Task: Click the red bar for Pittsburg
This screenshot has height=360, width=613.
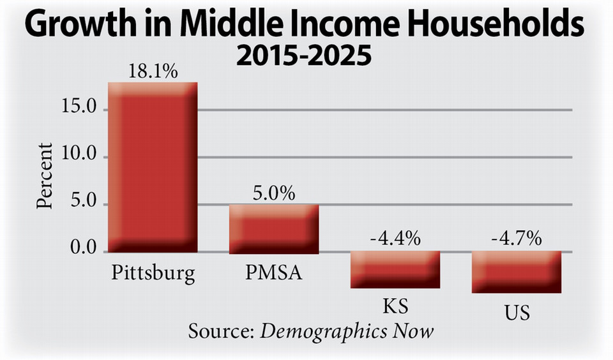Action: point(153,167)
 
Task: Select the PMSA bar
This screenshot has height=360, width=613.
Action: point(274,229)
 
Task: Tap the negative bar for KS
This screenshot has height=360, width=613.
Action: point(395,269)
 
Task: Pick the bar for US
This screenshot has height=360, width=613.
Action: point(517,271)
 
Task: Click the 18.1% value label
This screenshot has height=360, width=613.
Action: point(152,71)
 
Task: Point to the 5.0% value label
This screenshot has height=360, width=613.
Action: point(273,193)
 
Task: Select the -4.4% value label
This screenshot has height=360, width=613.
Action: point(395,239)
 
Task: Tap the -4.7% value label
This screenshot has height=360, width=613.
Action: point(517,239)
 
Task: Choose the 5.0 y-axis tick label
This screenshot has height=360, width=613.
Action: point(84,204)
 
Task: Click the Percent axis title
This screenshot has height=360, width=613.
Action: point(45,176)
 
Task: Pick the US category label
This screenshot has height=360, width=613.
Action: point(516,313)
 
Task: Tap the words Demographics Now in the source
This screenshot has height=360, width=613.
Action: point(347,331)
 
